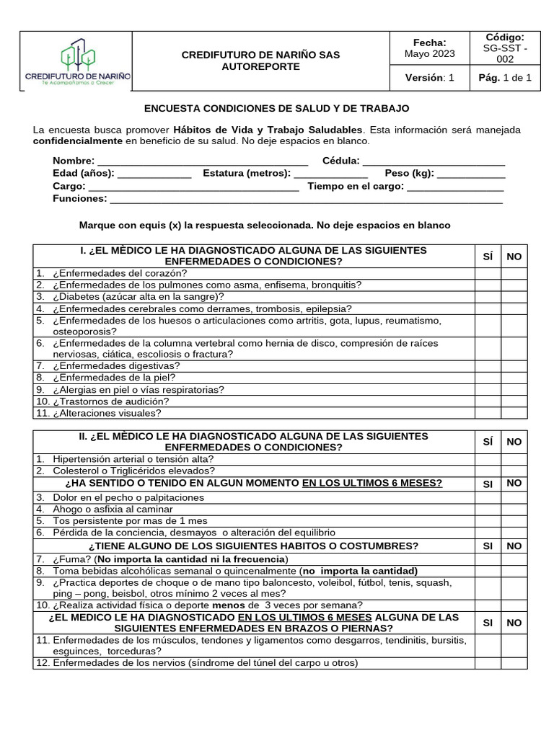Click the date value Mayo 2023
pyautogui.click(x=429, y=54)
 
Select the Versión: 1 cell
pyautogui.click(x=429, y=78)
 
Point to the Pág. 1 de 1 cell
pyautogui.click(x=510, y=78)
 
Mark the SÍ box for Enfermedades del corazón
pyautogui.click(x=488, y=273)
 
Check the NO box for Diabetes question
pyautogui.click(x=514, y=296)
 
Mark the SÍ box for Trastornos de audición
pyautogui.click(x=488, y=401)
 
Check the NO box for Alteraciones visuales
pyautogui.click(x=514, y=413)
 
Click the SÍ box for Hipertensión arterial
pyautogui.click(x=488, y=459)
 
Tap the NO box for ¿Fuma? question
pyautogui.click(x=514, y=559)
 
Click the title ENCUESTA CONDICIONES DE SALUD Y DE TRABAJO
pyautogui.click(x=277, y=108)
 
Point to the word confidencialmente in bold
pyautogui.click(x=78, y=141)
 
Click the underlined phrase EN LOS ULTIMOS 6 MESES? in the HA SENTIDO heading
pyautogui.click(x=371, y=483)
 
